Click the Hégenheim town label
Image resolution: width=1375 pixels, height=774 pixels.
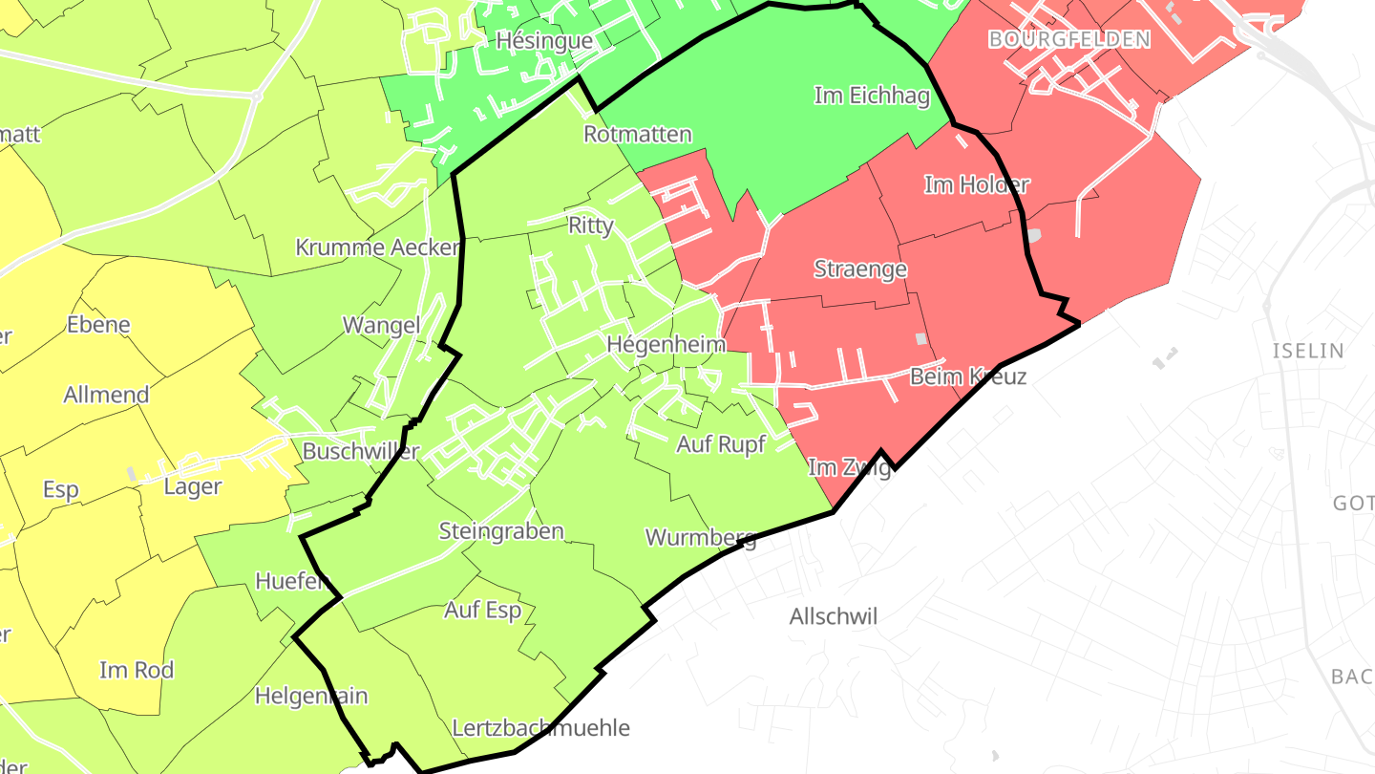click(x=666, y=344)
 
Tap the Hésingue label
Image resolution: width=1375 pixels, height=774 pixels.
click(x=544, y=41)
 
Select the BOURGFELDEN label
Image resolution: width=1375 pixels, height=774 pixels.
click(x=1069, y=39)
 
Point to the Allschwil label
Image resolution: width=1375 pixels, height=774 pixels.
click(x=833, y=617)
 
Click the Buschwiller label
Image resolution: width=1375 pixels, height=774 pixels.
click(x=360, y=451)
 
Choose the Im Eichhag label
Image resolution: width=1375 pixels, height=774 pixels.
click(x=872, y=96)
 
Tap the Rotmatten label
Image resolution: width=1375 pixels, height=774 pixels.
click(x=637, y=134)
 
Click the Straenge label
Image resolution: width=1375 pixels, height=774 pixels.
click(x=859, y=269)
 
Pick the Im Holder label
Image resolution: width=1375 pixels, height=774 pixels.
click(x=976, y=184)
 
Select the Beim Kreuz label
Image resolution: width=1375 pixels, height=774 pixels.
click(x=967, y=376)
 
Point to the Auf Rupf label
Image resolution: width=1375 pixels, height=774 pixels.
click(x=721, y=444)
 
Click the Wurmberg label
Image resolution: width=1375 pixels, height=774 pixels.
click(x=701, y=537)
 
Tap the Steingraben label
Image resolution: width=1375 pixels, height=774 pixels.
click(x=501, y=531)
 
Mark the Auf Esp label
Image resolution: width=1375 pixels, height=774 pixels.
click(x=482, y=610)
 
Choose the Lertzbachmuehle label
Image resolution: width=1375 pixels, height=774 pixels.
click(x=540, y=728)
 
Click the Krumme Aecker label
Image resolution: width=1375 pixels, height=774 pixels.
click(x=377, y=247)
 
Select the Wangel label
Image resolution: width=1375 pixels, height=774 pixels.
click(x=381, y=325)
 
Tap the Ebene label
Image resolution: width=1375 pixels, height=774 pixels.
click(x=98, y=325)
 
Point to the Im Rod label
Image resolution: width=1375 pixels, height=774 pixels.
click(x=137, y=670)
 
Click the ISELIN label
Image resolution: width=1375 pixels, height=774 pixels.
click(x=1307, y=351)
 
